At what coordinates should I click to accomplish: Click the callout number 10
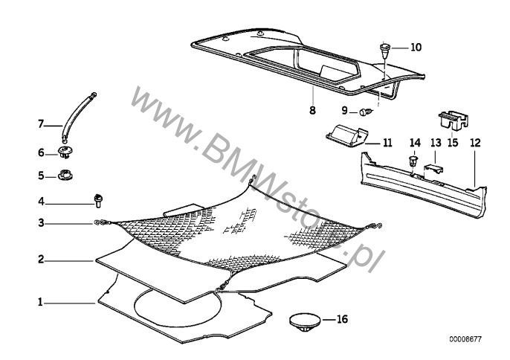point(416,48)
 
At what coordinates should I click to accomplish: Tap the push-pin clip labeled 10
point(385,50)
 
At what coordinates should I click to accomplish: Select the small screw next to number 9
point(364,112)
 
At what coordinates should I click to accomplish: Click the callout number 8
point(312,110)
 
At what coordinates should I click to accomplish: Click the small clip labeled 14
point(413,161)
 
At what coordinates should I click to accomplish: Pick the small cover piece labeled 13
point(433,169)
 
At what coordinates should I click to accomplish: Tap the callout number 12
point(475,143)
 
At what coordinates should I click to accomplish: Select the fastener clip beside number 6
point(65,152)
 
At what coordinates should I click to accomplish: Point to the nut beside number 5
point(65,176)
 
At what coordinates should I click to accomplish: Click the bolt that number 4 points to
point(98,201)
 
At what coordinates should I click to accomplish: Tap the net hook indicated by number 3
point(101,222)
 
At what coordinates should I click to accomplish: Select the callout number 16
point(342,319)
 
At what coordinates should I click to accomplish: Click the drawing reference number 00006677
point(465,339)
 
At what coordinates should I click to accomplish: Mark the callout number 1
point(40,303)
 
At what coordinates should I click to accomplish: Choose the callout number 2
point(41,260)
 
